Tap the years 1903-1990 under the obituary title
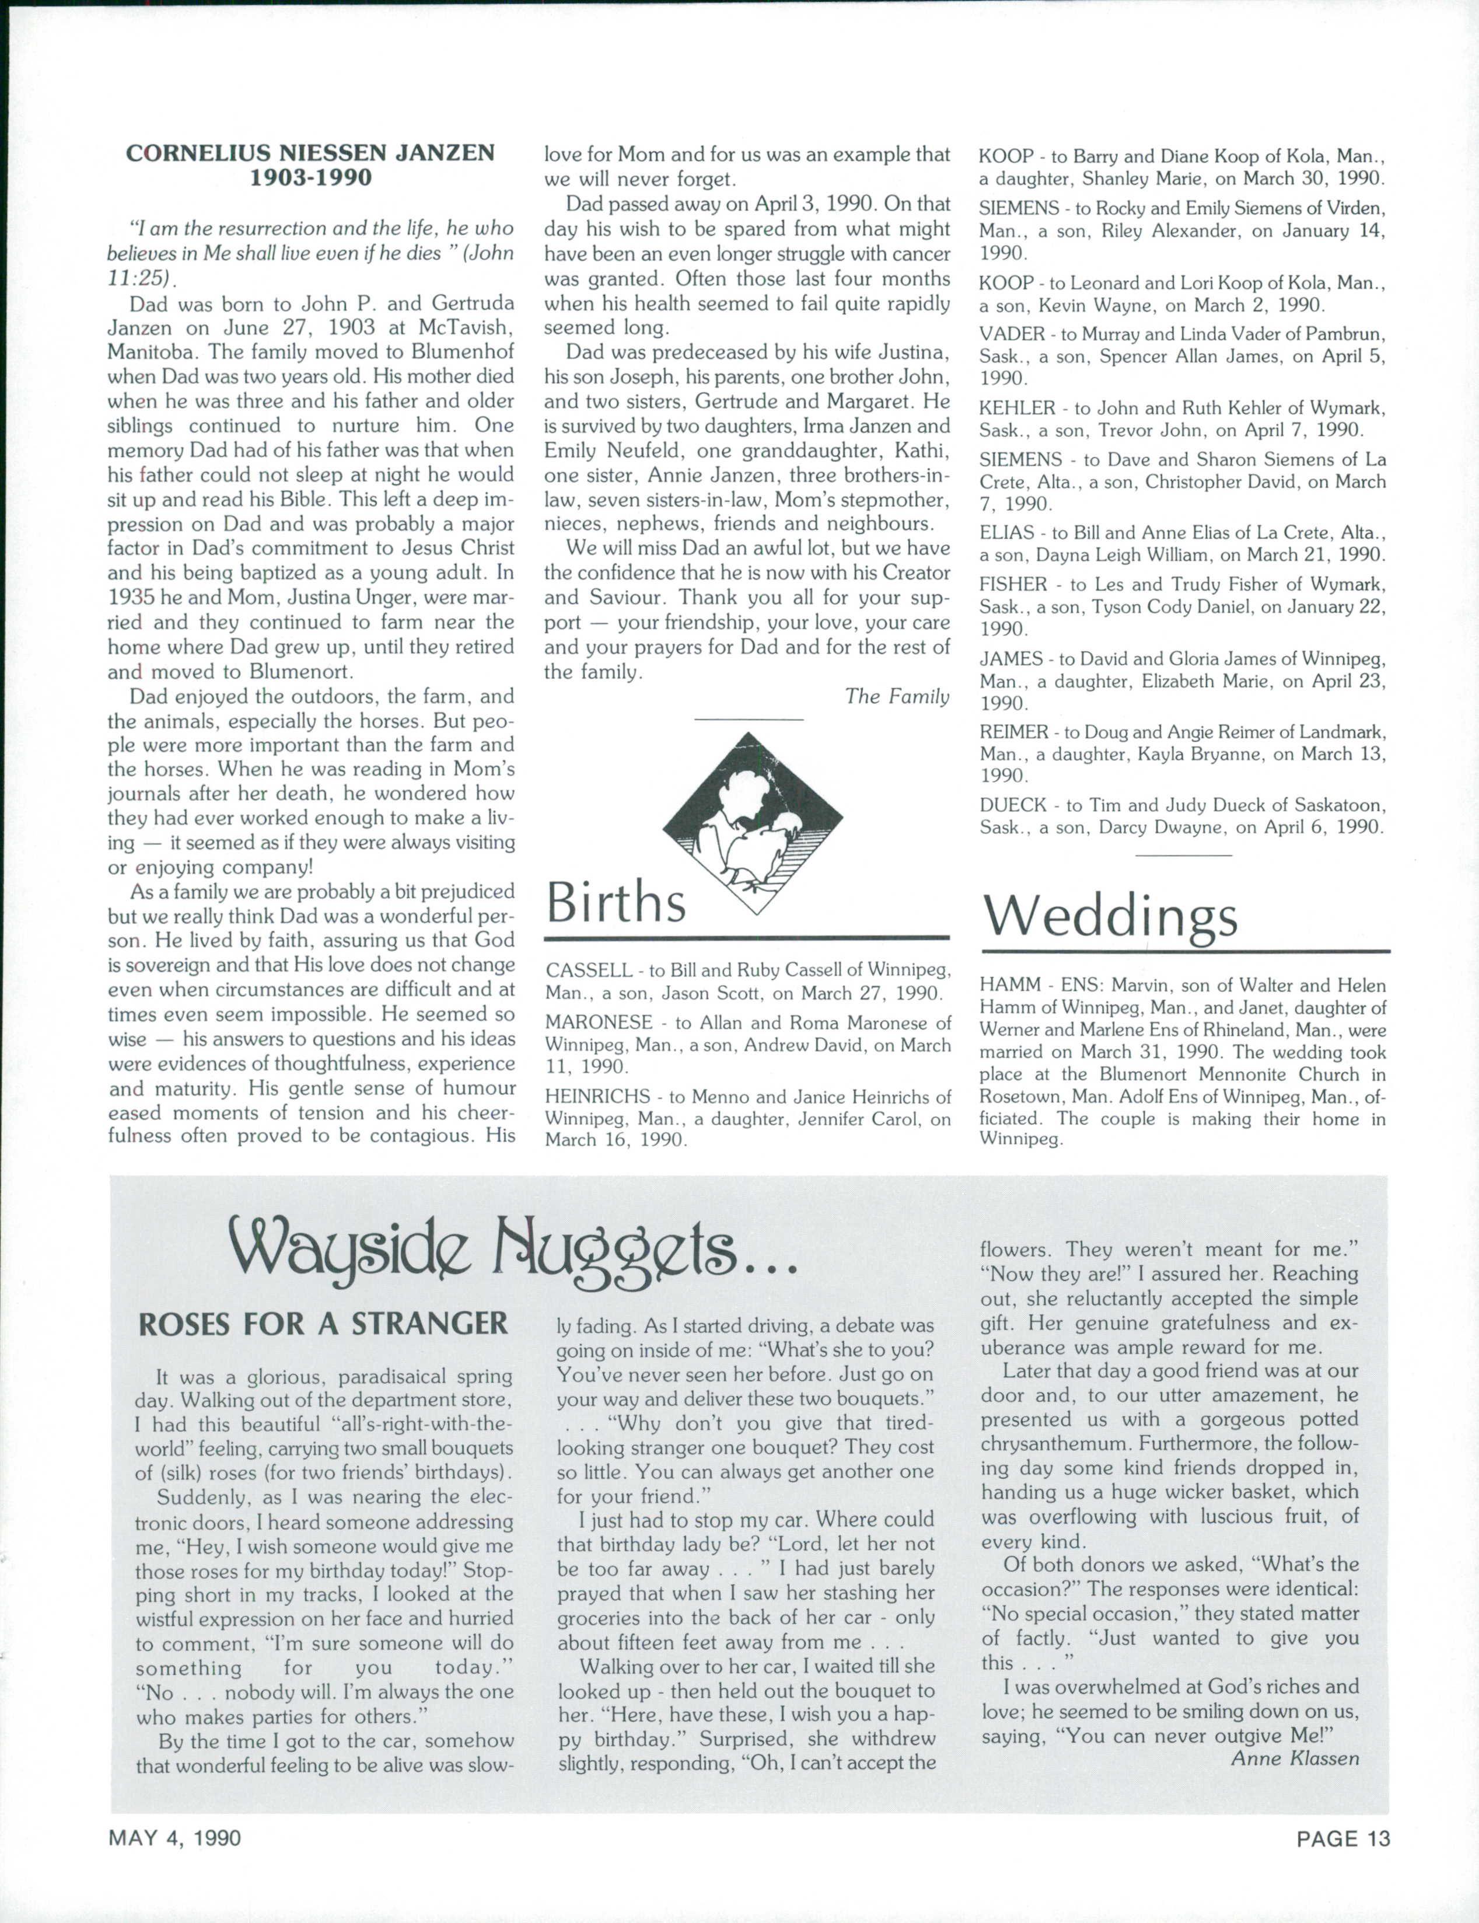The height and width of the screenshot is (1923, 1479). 311,178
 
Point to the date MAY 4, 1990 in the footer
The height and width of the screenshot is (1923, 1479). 174,1840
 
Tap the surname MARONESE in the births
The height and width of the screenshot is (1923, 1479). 599,1023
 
